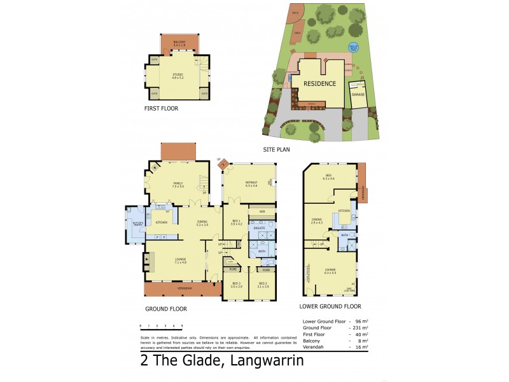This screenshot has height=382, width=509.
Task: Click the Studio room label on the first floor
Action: tap(178, 76)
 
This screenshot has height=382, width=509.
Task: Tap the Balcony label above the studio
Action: tap(179, 43)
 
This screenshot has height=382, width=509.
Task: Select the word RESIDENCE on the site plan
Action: tap(319, 83)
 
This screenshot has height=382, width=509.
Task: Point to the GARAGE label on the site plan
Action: tap(358, 94)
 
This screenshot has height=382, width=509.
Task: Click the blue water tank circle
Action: tap(354, 47)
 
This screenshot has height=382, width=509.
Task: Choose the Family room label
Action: tap(178, 185)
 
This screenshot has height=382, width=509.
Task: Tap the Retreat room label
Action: tap(251, 183)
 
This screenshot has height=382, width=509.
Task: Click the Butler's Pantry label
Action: tap(136, 223)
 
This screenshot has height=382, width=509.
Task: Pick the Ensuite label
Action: tap(260, 227)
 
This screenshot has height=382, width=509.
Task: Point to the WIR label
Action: tap(261, 211)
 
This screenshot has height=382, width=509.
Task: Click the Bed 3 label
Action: tap(236, 284)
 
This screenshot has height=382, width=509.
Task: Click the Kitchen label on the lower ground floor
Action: tap(344, 210)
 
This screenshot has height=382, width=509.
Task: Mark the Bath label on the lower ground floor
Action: tap(344, 235)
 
